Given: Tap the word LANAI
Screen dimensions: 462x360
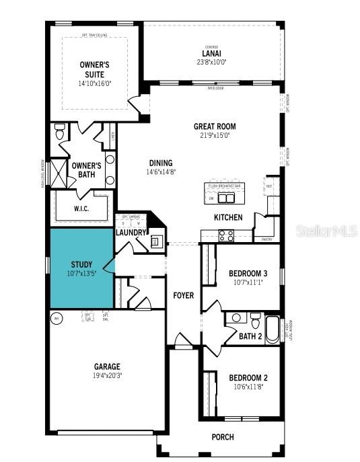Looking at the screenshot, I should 211,53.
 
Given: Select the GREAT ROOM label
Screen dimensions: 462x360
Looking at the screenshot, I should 215,126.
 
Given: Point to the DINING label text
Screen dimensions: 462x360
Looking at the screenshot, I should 161,163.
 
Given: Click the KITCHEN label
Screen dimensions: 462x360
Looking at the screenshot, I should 228,217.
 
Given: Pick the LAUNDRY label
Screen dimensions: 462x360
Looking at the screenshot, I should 131,233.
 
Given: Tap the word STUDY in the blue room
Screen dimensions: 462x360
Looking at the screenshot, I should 81,265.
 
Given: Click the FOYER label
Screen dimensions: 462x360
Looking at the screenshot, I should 184,295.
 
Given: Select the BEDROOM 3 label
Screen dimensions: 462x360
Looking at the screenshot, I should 248,273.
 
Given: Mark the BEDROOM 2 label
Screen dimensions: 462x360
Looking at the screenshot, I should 248,377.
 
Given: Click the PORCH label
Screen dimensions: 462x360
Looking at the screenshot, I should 223,437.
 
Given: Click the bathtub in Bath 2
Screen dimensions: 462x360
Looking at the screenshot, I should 272,329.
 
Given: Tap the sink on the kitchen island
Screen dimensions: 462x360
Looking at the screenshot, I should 229,198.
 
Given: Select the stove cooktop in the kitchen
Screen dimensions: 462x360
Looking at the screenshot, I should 226,235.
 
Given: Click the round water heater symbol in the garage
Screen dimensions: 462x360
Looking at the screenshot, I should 57,318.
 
